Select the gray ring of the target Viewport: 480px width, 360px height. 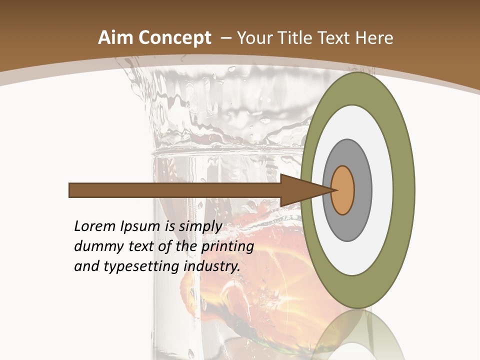click(363, 190)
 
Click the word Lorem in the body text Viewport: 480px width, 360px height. click(94, 226)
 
